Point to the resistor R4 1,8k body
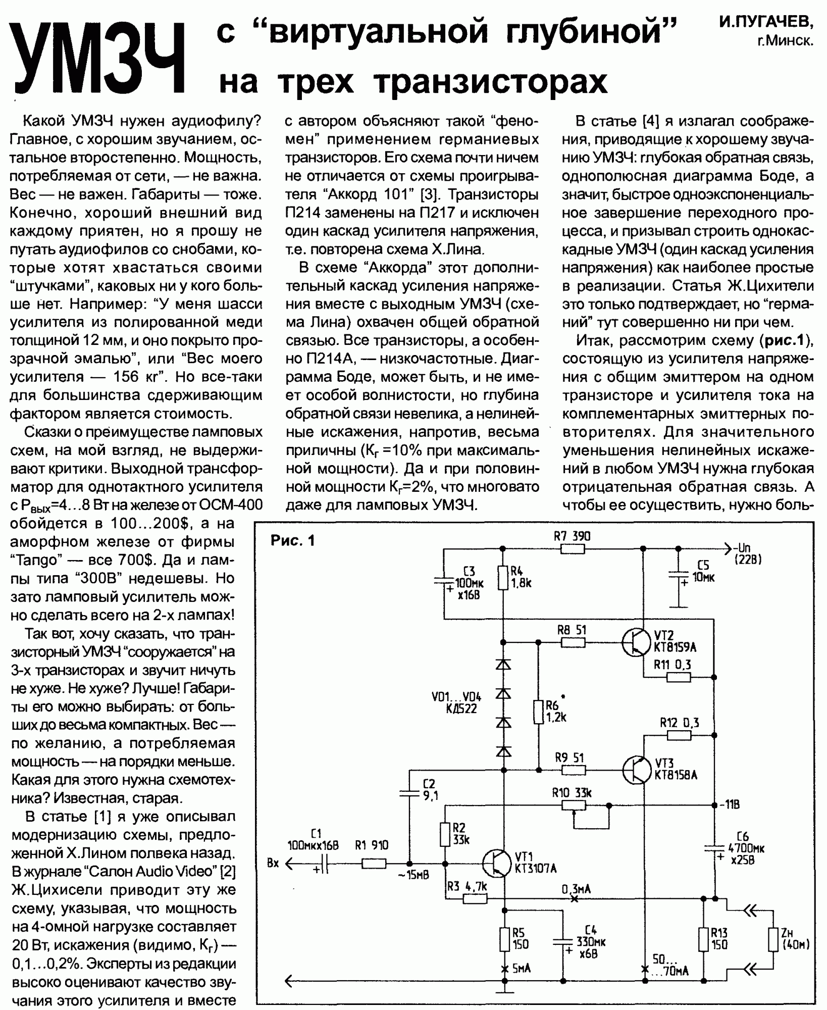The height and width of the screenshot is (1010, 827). (502, 579)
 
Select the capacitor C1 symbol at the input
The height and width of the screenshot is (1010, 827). (323, 865)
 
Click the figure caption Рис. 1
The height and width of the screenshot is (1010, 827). (292, 541)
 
